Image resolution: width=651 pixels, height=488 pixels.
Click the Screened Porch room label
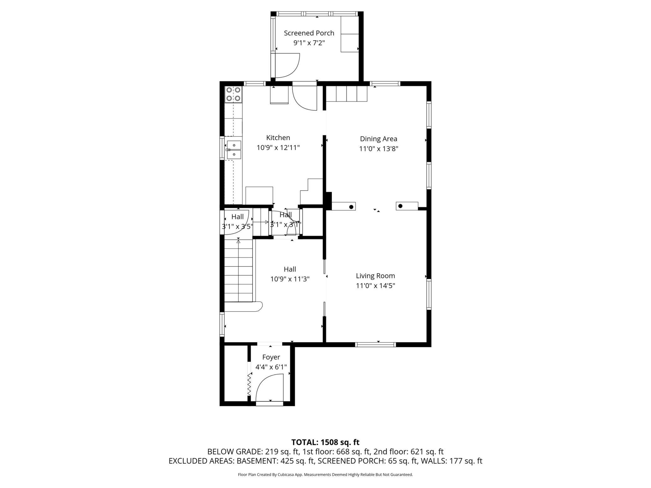point(309,33)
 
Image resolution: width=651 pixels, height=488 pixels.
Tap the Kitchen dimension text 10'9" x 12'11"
point(278,148)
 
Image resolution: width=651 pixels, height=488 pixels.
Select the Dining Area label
point(378,139)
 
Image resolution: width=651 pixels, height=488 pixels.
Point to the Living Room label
point(375,276)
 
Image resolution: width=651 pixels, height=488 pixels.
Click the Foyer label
point(271,357)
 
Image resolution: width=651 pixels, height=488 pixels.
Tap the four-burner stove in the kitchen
point(233,94)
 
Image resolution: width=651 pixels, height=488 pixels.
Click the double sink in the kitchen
point(234,150)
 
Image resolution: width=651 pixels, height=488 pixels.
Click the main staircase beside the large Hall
point(238,271)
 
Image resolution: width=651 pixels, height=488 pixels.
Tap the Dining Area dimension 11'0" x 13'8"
point(378,149)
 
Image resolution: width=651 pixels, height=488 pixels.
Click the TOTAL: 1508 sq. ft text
point(325,442)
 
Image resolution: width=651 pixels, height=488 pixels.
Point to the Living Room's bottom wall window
point(376,345)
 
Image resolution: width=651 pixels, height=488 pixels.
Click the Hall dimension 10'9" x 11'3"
point(290,279)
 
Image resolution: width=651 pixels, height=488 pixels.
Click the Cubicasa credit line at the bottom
point(325,475)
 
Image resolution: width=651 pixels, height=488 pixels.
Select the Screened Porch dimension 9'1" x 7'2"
point(309,43)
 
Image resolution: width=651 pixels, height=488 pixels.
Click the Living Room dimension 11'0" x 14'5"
point(375,286)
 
